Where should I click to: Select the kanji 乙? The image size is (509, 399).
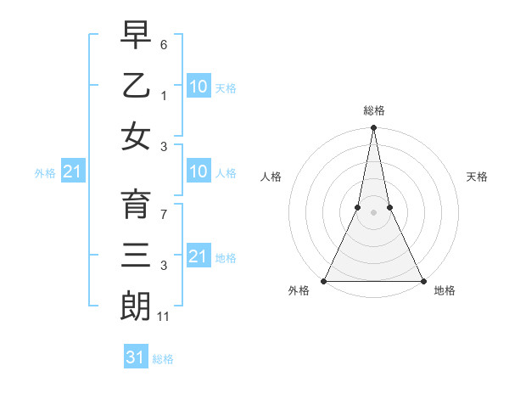(x=136, y=85)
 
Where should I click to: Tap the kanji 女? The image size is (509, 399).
(x=136, y=136)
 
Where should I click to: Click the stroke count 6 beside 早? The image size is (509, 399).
(x=164, y=43)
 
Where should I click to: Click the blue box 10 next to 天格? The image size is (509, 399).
(x=199, y=87)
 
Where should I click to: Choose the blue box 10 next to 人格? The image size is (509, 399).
(x=199, y=172)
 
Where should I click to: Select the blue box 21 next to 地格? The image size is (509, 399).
(x=199, y=256)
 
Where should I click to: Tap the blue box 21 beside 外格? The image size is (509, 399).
(x=72, y=172)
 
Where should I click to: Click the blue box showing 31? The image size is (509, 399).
(x=136, y=357)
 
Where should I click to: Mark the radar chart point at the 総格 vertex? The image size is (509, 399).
(x=373, y=128)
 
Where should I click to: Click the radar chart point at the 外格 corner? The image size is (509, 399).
(x=324, y=280)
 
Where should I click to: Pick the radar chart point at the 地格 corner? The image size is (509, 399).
(x=422, y=280)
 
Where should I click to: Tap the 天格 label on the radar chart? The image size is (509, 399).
(x=477, y=177)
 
